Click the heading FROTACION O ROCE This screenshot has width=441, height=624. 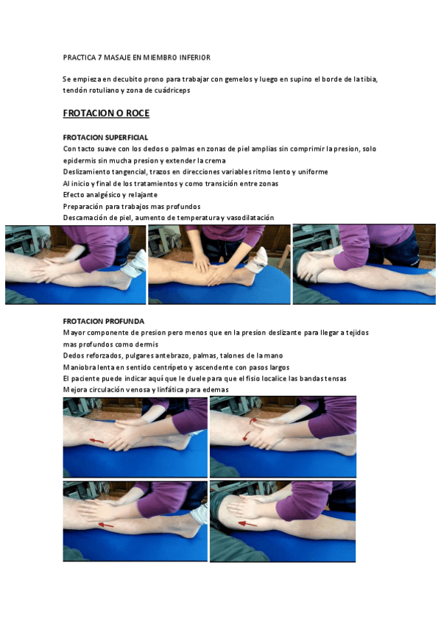click(x=106, y=113)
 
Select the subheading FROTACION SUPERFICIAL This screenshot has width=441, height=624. click(x=105, y=138)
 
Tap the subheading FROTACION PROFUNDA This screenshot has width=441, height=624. click(x=104, y=322)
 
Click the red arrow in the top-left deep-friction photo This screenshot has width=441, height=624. click(x=96, y=440)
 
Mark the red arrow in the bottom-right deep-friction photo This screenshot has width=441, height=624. click(x=247, y=524)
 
